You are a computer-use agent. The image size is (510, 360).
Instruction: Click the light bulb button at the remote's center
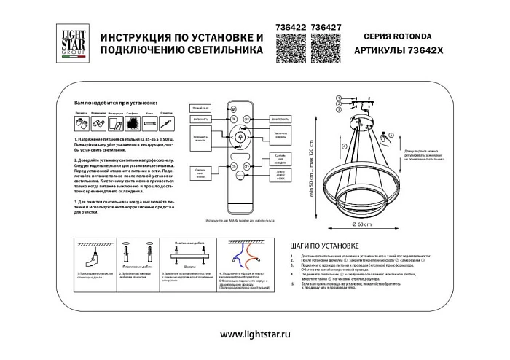point(240,134)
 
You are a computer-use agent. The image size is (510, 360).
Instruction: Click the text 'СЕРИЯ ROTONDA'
point(394,36)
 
